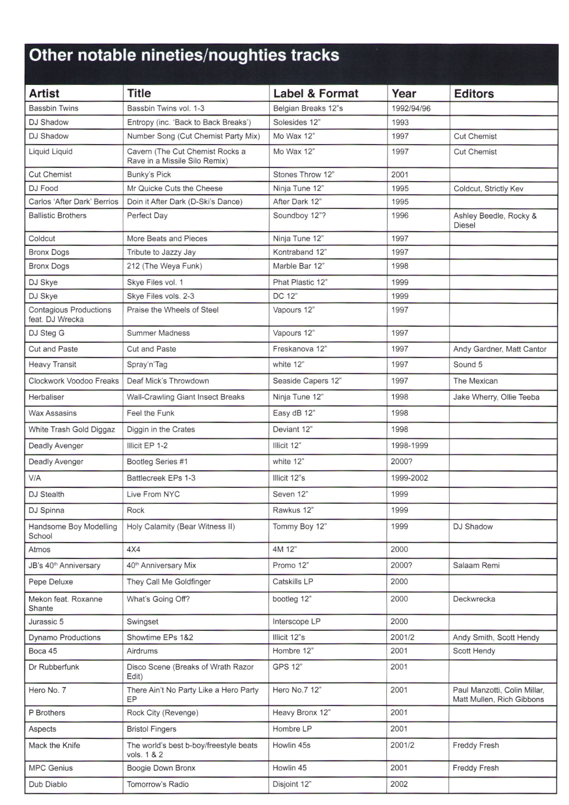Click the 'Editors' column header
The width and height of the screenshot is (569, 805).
[473, 93]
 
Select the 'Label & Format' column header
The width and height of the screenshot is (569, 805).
[316, 93]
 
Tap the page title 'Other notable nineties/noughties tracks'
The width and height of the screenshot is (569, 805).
[184, 55]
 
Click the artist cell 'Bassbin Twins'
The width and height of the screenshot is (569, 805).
[53, 108]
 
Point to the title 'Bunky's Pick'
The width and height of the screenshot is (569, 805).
[149, 174]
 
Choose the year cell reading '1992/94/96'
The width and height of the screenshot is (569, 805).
[411, 108]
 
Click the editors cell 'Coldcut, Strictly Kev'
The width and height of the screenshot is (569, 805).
[488, 188]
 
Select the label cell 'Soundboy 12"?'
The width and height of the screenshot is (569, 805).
[299, 216]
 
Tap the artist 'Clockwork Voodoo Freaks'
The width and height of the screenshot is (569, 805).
[73, 381]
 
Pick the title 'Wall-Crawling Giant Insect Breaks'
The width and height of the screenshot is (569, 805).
[185, 397]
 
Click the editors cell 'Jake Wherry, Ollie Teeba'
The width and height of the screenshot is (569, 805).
[496, 397]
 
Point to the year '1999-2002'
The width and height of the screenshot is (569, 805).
[409, 478]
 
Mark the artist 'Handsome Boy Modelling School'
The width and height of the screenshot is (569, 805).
[72, 531]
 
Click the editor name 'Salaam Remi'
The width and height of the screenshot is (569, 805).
[476, 565]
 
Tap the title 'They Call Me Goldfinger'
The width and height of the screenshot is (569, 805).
[168, 581]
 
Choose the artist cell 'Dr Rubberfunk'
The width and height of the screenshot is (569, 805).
[54, 667]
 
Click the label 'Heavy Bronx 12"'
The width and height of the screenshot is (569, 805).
[301, 712]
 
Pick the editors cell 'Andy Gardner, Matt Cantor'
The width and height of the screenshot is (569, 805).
[500, 349]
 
